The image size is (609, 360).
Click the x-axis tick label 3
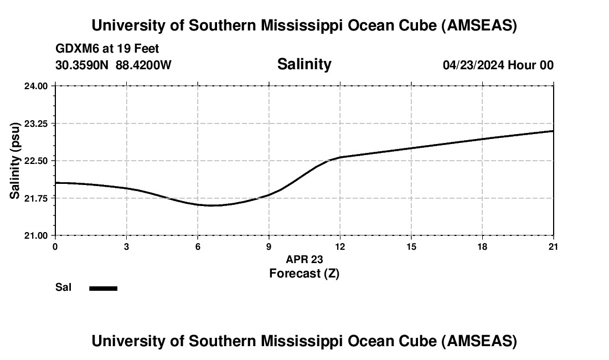126,246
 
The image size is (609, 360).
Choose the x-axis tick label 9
269,246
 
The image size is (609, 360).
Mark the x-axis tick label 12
339,246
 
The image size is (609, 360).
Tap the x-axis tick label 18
482,246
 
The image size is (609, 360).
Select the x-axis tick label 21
553,246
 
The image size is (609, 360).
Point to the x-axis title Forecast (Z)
304,273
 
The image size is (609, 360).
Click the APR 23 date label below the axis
304,259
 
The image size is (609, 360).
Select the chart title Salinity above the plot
304,64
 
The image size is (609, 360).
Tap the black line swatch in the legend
103,288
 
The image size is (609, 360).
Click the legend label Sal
64,287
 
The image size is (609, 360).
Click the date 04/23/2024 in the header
473,65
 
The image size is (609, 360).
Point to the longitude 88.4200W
143,65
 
